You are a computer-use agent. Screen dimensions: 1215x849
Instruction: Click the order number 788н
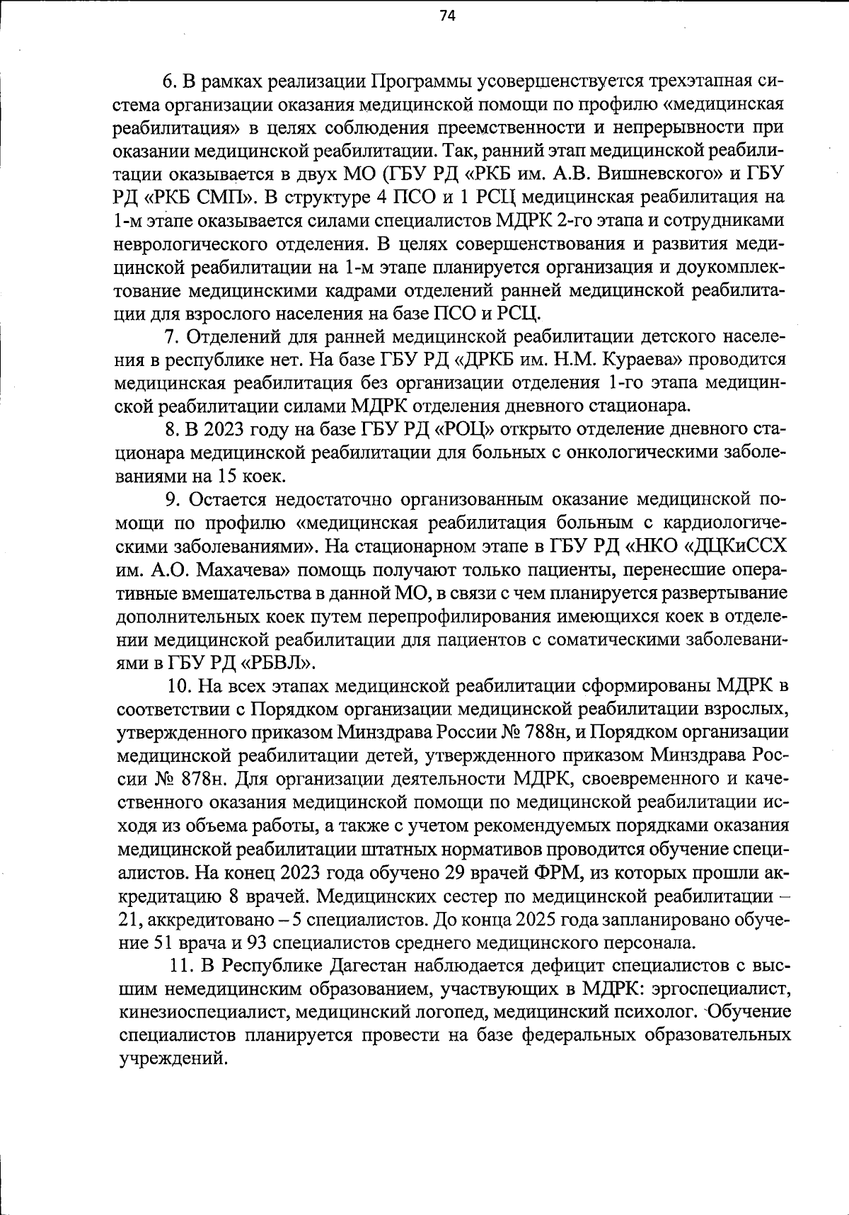click(x=545, y=732)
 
